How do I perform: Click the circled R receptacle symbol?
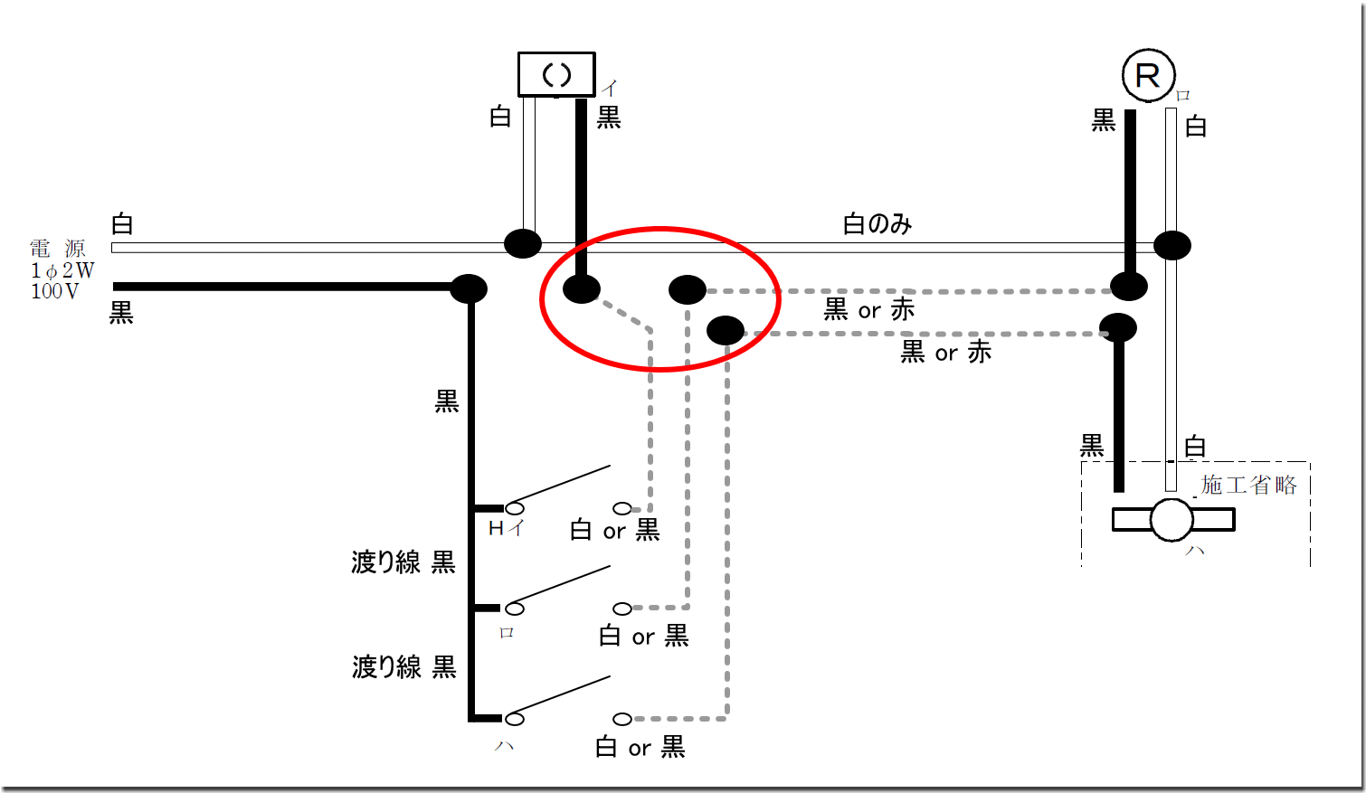[1148, 76]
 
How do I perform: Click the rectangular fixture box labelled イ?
[556, 74]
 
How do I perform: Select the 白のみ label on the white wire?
[877, 224]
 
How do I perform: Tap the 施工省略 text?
[1248, 486]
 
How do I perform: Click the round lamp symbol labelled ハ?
[1172, 520]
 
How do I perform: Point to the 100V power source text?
[55, 291]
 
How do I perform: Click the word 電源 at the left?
[58, 249]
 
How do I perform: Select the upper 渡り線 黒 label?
[403, 562]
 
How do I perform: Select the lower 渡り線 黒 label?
[403, 667]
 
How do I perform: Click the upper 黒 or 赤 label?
[868, 310]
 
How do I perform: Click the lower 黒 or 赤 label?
[945, 353]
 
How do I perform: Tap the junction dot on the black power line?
[469, 288]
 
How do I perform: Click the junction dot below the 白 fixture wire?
[522, 243]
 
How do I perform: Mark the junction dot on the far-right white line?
[1172, 245]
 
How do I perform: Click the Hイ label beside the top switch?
[506, 529]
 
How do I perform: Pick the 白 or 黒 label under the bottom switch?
[640, 748]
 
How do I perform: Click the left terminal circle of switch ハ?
[515, 719]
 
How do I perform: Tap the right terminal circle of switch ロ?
[622, 609]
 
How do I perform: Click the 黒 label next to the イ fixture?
[609, 118]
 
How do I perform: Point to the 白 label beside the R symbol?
[1196, 127]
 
